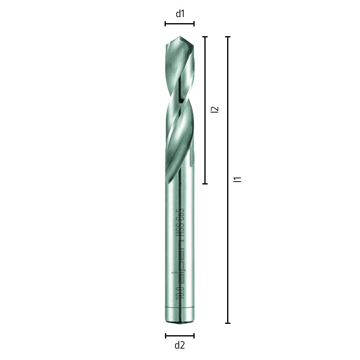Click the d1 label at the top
180,14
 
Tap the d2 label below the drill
180,345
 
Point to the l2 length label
215,109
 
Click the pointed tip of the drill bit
180,37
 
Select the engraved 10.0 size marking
180,292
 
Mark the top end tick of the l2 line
205,37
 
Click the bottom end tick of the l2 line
205,184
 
